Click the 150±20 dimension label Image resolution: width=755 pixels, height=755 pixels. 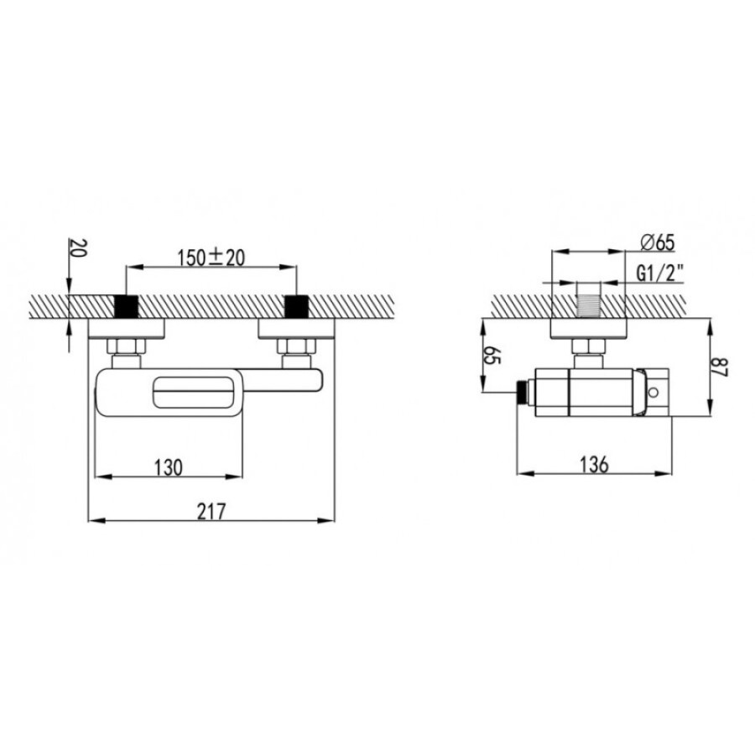click(x=211, y=258)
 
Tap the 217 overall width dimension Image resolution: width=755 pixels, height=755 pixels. click(x=211, y=512)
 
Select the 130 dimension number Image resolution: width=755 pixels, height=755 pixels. click(x=169, y=467)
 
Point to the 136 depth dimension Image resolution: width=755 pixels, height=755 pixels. click(x=594, y=465)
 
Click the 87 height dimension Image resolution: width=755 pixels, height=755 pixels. click(x=721, y=367)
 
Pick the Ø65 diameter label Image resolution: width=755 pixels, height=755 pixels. click(x=657, y=242)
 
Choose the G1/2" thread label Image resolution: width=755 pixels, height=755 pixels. click(x=659, y=273)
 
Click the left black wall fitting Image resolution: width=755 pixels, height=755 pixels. click(x=126, y=307)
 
